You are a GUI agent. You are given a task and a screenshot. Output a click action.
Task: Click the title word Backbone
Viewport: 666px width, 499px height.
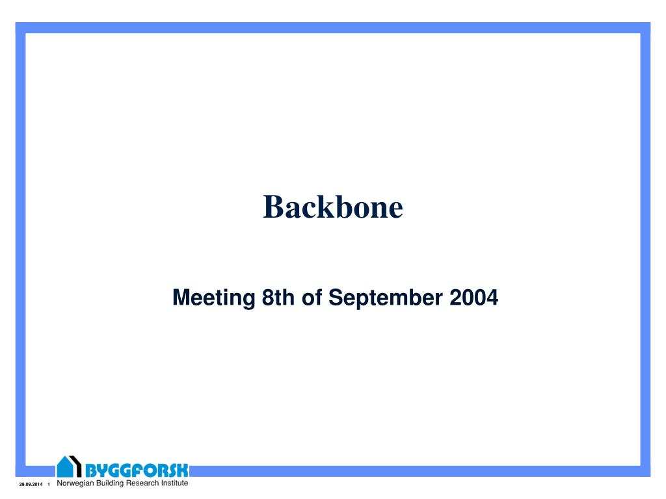[x=333, y=207]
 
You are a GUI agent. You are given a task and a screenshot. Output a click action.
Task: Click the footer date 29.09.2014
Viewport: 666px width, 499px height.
[x=30, y=486]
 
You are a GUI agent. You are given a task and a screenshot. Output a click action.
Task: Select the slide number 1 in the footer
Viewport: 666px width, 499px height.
[x=49, y=486]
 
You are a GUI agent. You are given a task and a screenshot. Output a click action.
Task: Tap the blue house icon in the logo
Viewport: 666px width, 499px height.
[x=64, y=467]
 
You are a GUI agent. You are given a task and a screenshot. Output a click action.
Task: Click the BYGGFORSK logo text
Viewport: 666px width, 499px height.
[x=137, y=470]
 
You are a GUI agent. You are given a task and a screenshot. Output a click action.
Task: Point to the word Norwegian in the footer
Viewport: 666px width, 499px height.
[x=77, y=483]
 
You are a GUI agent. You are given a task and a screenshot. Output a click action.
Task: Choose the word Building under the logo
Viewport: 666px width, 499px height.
[x=114, y=483]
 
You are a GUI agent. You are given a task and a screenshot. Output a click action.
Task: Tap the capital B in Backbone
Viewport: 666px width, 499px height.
[x=272, y=207]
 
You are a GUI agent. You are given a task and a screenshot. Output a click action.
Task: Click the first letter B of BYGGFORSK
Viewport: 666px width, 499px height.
[x=92, y=470]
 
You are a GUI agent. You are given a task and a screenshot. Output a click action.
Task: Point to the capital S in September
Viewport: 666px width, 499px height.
[x=335, y=298]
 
